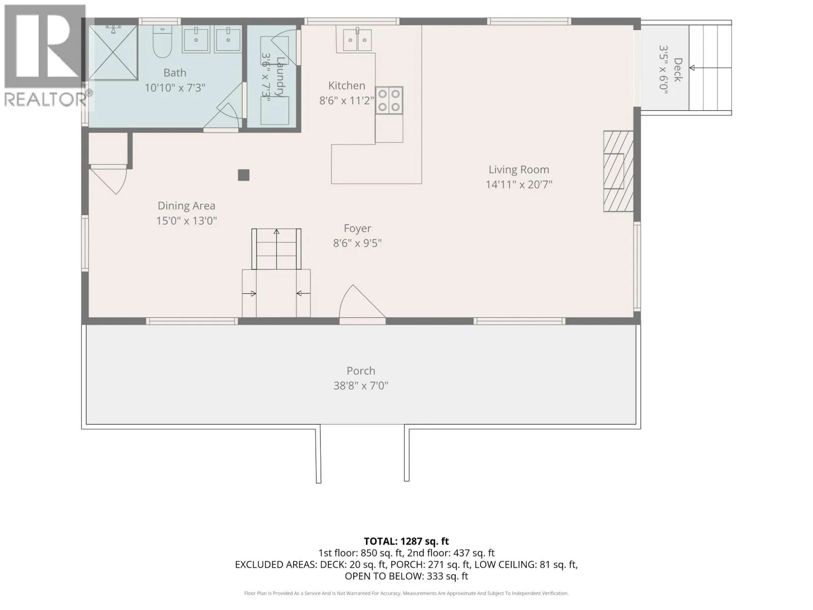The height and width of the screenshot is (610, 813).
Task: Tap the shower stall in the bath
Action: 113,52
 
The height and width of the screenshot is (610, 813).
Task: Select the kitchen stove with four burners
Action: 389,100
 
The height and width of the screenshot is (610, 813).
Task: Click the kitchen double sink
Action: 357,40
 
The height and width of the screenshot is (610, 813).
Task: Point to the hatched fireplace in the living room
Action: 618,171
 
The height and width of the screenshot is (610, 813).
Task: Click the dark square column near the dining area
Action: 243,175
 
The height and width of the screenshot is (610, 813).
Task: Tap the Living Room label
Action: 519,170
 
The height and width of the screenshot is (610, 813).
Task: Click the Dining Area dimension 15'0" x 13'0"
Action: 186,221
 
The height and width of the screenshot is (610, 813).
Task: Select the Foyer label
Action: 357,228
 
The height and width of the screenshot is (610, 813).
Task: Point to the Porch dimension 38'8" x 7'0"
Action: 361,385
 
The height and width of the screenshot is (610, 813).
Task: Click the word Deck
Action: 677,70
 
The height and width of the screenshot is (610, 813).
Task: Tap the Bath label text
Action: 175,73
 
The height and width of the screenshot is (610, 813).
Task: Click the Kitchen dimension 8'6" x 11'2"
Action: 347,100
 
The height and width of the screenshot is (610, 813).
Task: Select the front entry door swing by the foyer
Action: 362,302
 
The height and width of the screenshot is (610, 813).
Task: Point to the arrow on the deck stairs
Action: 710,68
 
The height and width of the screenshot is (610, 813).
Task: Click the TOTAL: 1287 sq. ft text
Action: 407,541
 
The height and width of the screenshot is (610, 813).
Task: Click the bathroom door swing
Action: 222,115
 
